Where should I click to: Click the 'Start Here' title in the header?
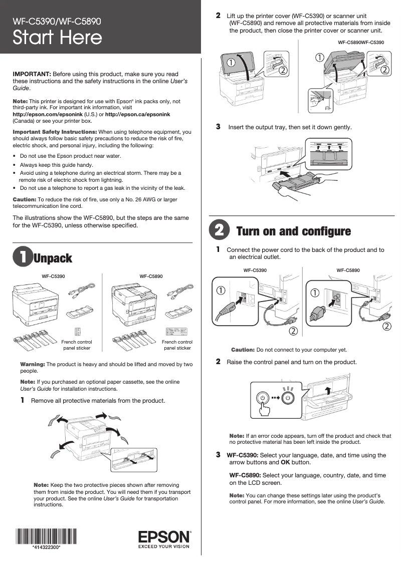pos(57,38)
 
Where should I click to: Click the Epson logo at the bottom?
pos(164,537)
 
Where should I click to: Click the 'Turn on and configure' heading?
pos(293,231)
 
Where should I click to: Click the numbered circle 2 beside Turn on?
pos(219,231)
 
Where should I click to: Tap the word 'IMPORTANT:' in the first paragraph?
pos(32,74)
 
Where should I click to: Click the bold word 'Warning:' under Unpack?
pos(33,364)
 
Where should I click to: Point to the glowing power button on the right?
pos(287,398)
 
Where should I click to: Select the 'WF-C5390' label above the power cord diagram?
pos(255,270)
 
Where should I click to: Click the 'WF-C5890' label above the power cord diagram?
pos(348,270)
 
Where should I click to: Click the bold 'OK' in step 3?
pos(285,462)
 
